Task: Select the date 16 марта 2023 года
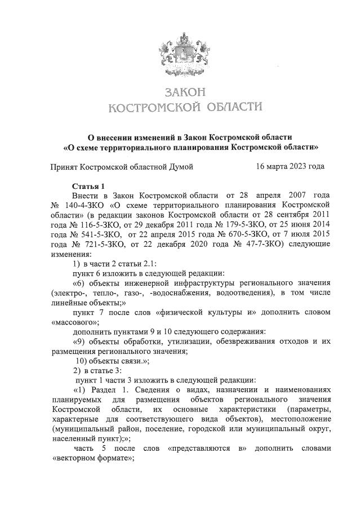(290, 167)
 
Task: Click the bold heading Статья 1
(88, 185)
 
